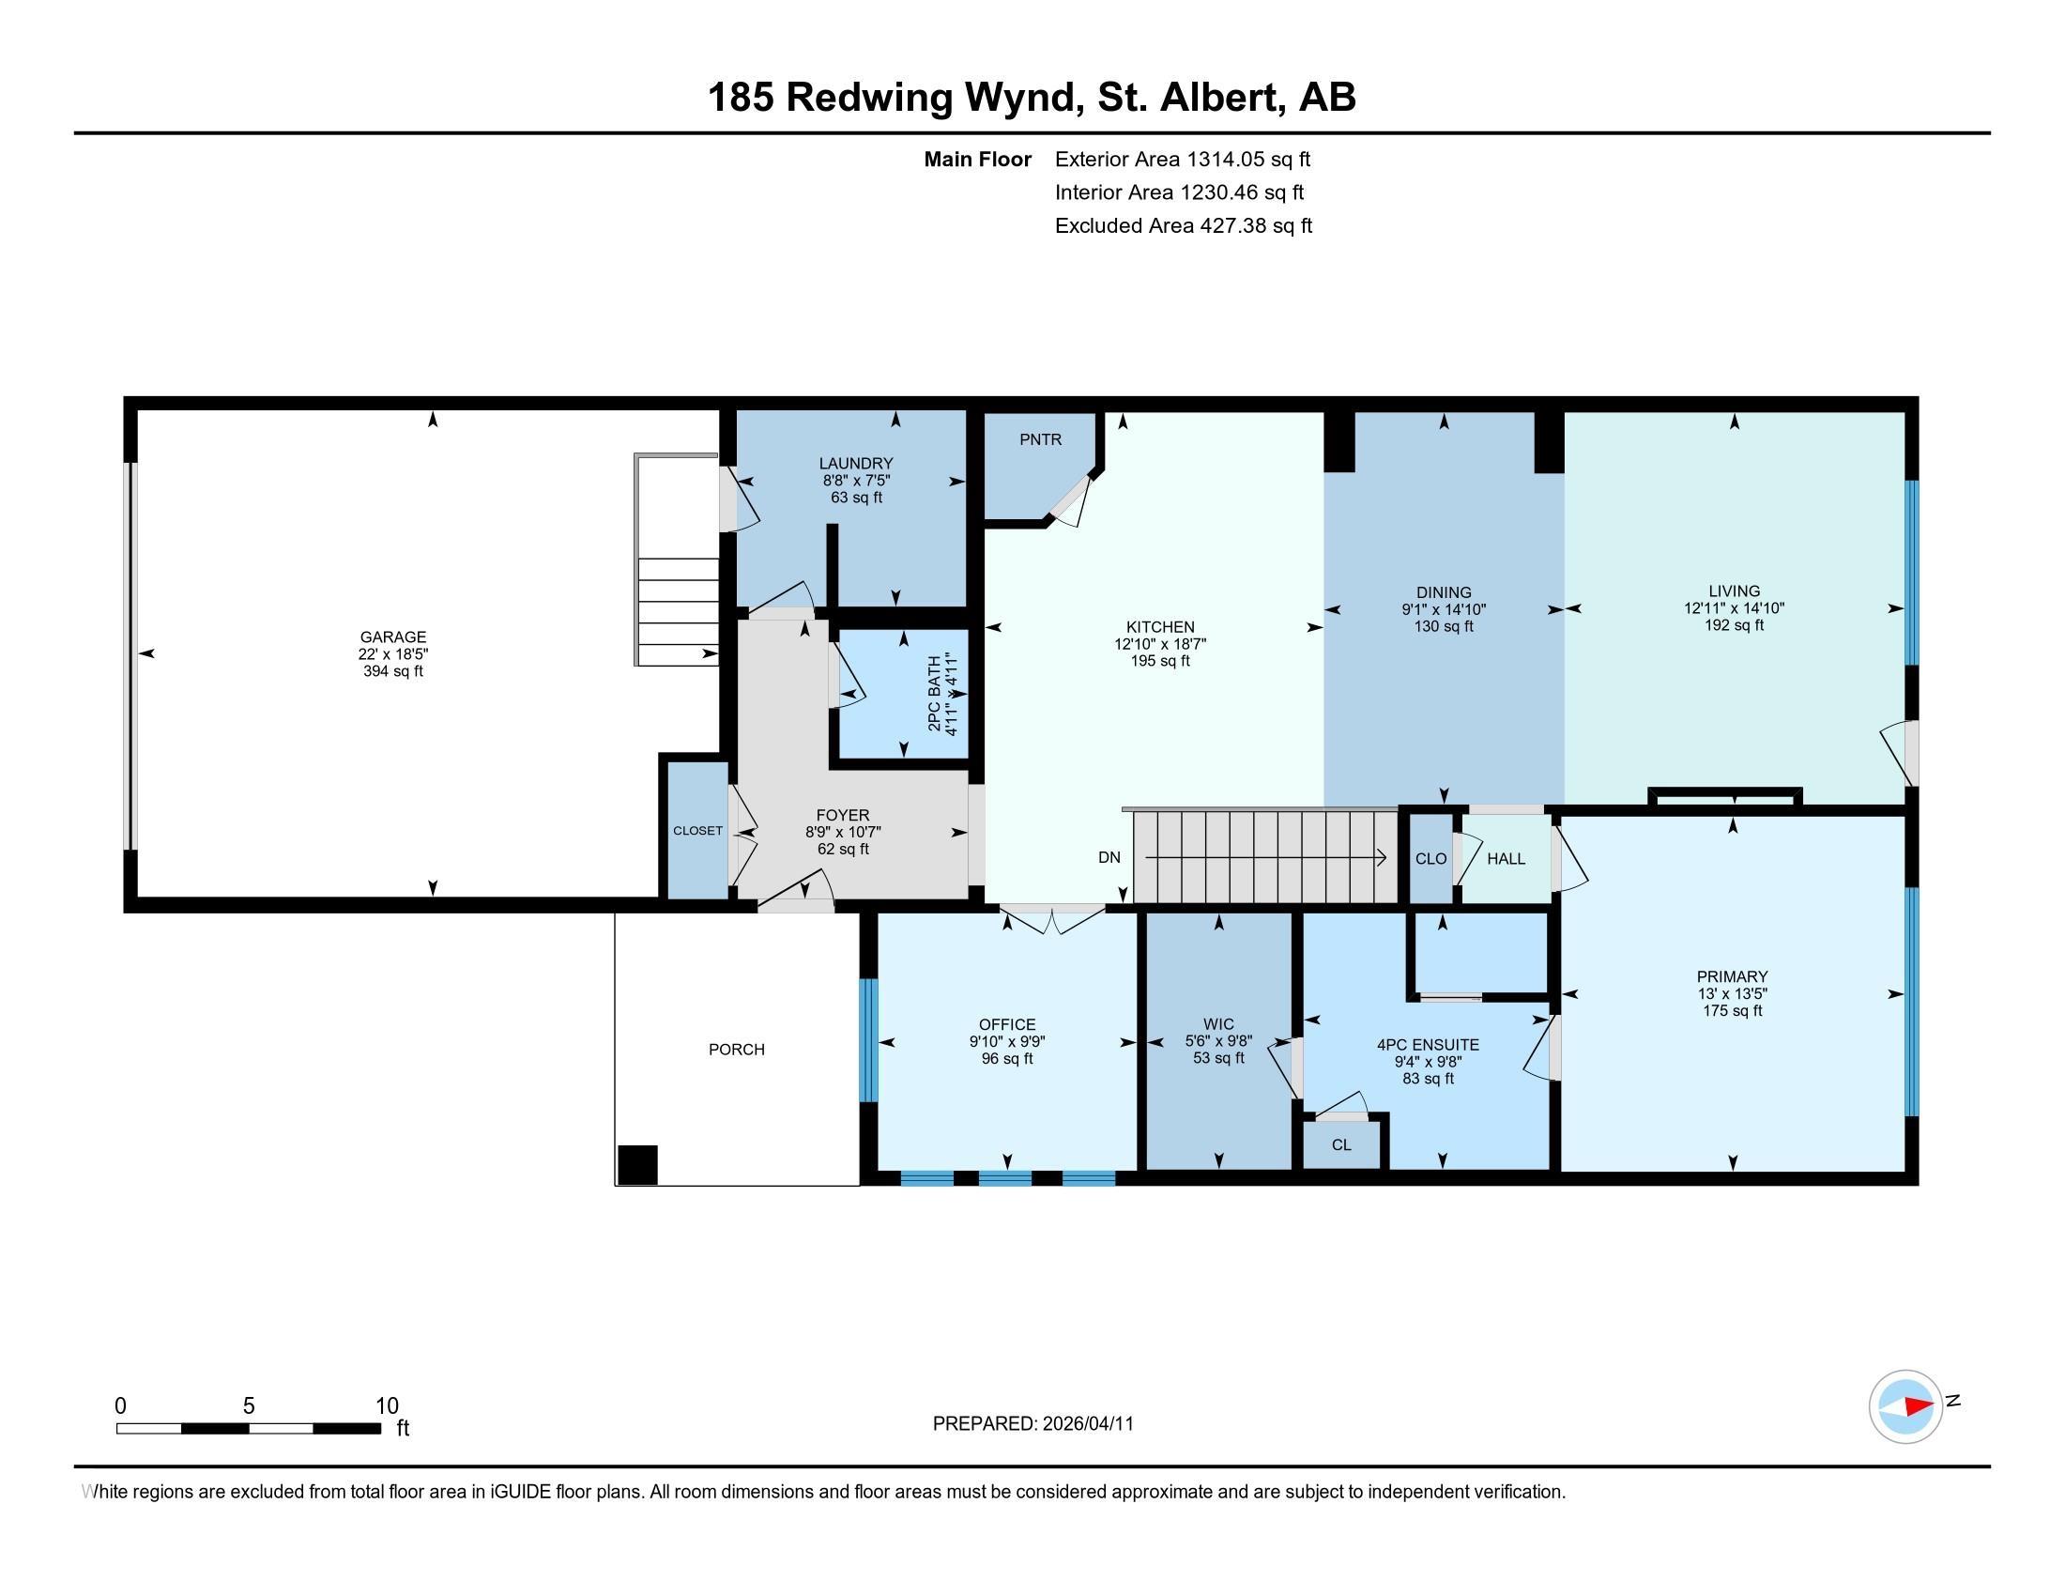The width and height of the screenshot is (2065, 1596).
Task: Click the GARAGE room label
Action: pos(392,637)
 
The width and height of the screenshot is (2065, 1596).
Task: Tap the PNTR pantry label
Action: pos(1040,439)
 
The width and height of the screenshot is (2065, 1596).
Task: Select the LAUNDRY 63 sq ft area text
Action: pos(856,498)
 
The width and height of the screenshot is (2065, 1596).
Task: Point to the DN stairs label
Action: pos(1109,857)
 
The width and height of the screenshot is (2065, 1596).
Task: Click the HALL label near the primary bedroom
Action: pos(1506,858)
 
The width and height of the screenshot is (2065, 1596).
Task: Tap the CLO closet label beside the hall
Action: pos(1430,858)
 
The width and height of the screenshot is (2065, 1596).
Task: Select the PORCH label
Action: pos(737,1050)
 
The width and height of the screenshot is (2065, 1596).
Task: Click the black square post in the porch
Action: pos(637,1165)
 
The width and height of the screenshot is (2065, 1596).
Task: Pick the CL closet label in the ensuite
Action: pos(1340,1145)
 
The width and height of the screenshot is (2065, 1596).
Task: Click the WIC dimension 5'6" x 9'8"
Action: pos(1218,1041)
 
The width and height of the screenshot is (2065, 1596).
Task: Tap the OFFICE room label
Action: pos(1007,1025)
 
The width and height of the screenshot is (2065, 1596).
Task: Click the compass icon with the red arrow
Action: pos(1905,1406)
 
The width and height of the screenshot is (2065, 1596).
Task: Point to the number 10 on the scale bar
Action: pos(387,1406)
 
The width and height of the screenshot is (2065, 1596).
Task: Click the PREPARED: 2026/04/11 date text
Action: pos(1032,1424)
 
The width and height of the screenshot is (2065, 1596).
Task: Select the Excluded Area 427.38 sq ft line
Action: pos(1183,226)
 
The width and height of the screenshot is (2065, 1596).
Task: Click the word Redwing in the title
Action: pos(869,98)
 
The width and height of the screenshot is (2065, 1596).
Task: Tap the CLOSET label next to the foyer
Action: pos(697,831)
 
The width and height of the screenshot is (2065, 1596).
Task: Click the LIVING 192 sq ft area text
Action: pos(1733,625)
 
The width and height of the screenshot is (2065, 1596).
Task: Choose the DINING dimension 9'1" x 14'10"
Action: pos(1443,610)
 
